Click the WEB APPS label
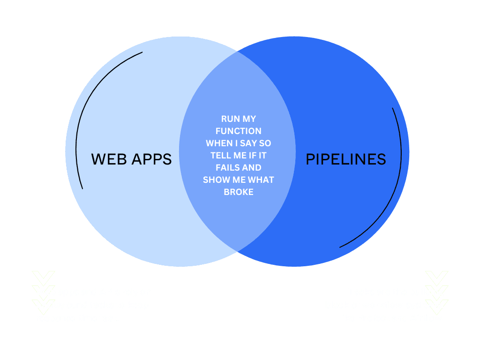131,159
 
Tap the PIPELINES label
346,159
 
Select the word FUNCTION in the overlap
239,131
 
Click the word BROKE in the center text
239,192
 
